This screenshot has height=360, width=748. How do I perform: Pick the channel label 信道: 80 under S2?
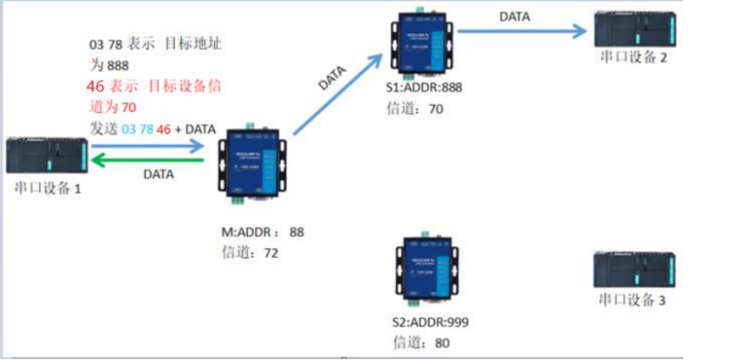(x=418, y=343)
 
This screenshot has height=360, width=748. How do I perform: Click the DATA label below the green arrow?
(x=158, y=174)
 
